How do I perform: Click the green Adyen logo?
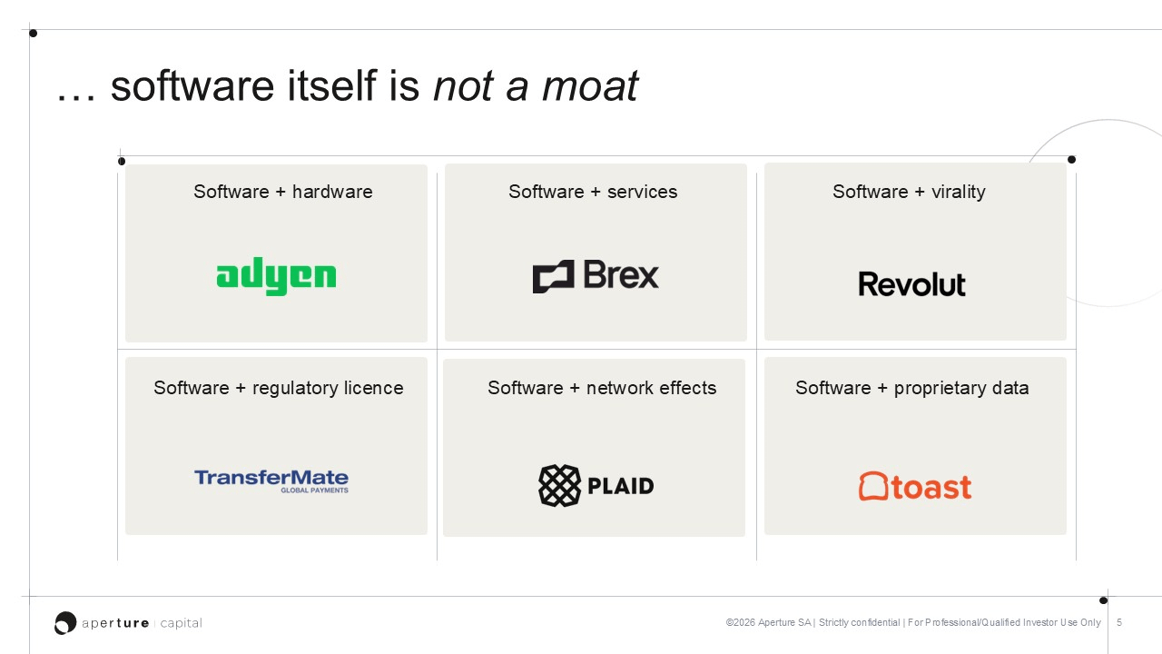[x=276, y=276]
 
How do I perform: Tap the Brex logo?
[x=596, y=275]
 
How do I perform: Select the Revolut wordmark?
[x=912, y=284]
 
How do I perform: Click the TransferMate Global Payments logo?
[x=271, y=481]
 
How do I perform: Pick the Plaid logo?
[x=596, y=485]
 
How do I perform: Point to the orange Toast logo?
[x=915, y=486]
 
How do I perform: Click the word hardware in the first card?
[x=332, y=192]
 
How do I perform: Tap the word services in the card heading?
[x=642, y=192]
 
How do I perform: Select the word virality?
[x=959, y=192]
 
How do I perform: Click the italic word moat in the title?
[x=590, y=86]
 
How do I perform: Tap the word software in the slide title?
[x=192, y=85]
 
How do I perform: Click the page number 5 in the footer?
[x=1119, y=622]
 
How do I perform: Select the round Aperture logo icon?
[x=65, y=622]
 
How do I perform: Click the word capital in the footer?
[x=181, y=623]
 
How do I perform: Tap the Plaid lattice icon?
[x=560, y=485]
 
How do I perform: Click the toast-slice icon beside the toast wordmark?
[x=873, y=486]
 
